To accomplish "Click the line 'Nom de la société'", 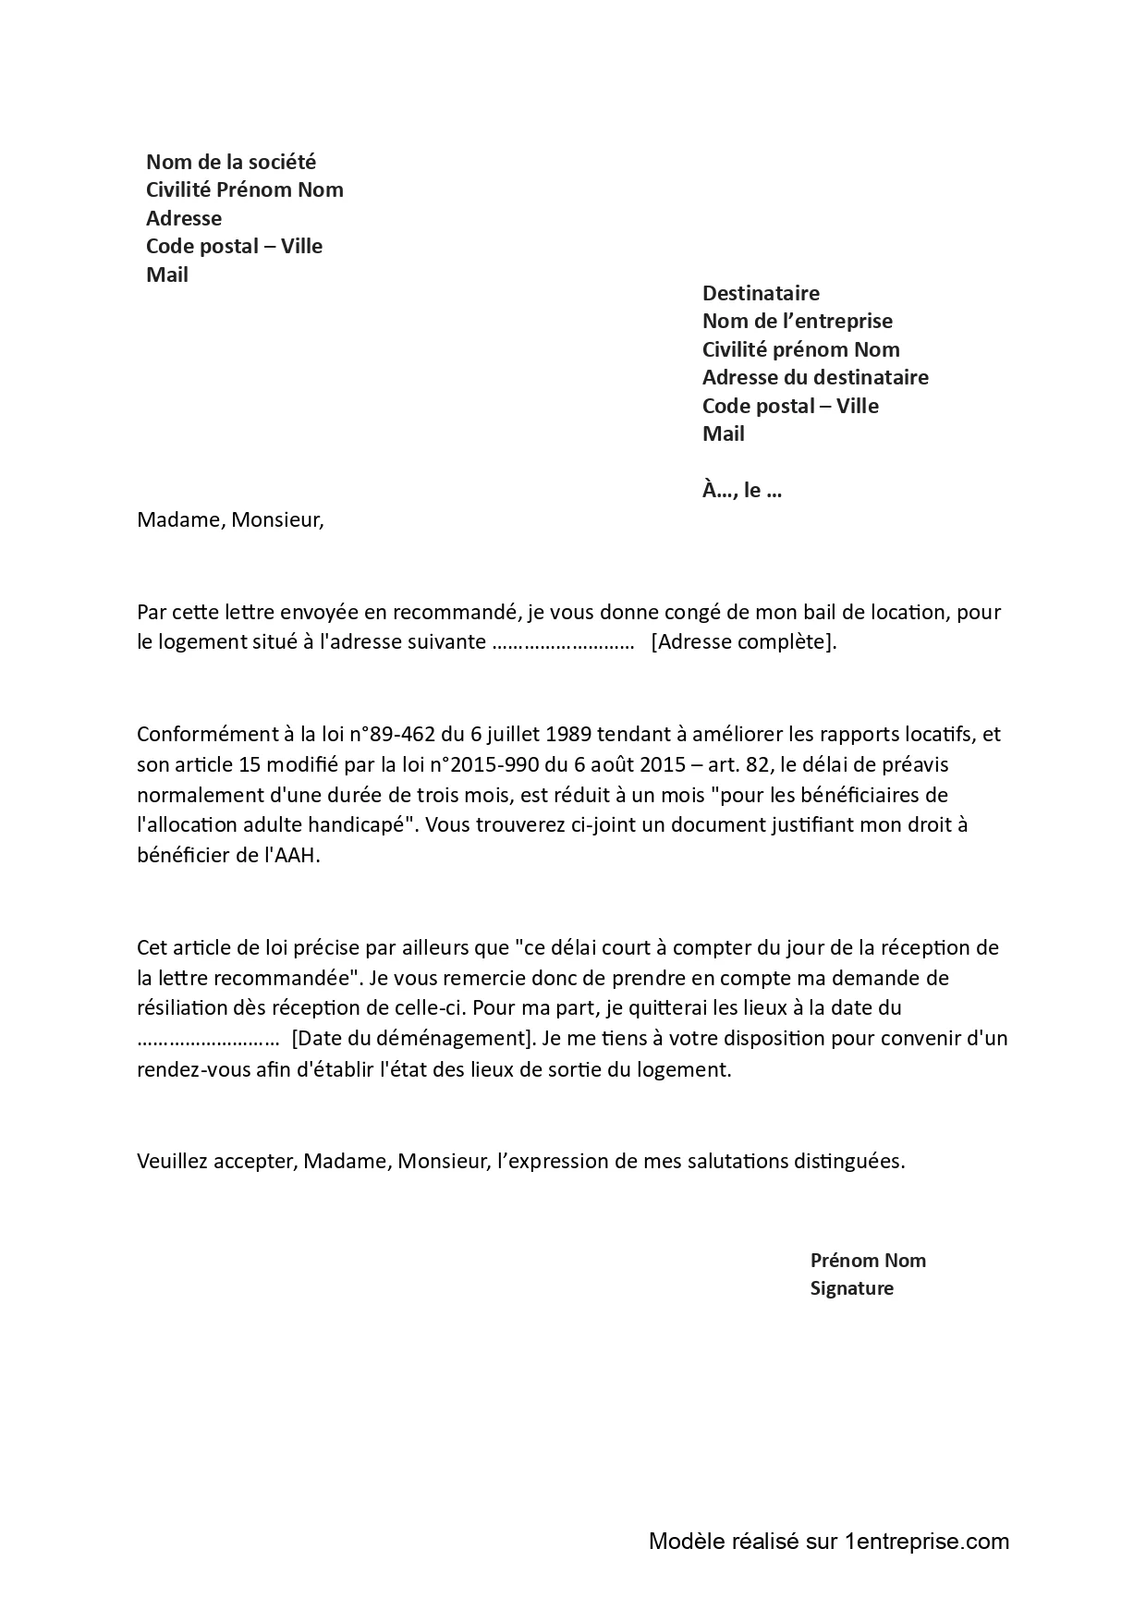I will [231, 162].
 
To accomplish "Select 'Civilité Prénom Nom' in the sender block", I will [245, 189].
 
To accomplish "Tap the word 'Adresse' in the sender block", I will [184, 218].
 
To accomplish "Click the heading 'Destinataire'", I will [761, 293].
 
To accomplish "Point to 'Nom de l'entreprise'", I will [798, 321].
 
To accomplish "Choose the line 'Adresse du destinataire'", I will [815, 377].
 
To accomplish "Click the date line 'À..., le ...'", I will [742, 490].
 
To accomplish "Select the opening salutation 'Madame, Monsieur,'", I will [231, 519].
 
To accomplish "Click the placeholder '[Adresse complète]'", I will [743, 641].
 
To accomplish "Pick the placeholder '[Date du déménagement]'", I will [413, 1038].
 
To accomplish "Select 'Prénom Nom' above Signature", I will [868, 1261].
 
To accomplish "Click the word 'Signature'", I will [852, 1288].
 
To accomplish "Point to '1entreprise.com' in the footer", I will [927, 1542].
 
